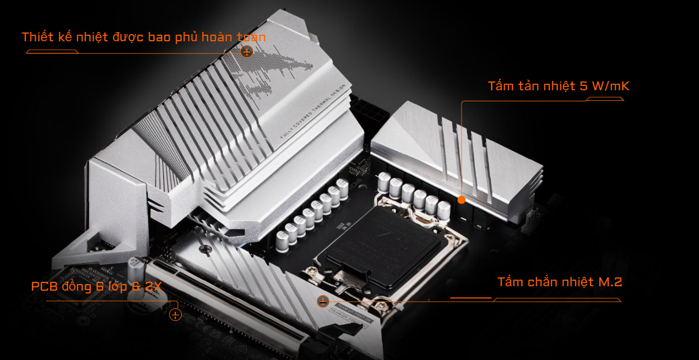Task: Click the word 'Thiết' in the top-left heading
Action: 37,37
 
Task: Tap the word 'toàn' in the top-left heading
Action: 251,37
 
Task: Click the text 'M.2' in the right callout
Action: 610,282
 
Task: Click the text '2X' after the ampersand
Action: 153,286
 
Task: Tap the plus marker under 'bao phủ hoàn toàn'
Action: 247,52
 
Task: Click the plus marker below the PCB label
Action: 175,315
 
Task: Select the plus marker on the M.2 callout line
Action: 323,302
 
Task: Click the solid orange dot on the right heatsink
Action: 462,200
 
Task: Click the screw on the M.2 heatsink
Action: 205,249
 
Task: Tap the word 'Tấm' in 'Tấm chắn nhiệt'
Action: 510,282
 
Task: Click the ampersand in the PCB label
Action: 136,287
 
